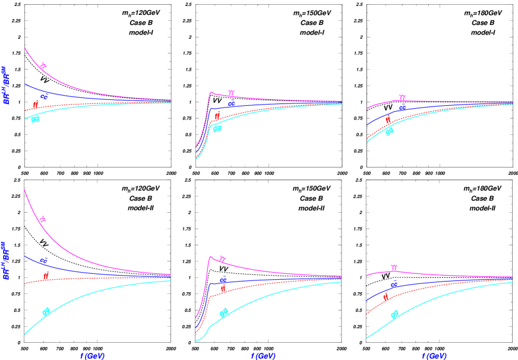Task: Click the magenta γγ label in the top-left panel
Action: (x=43, y=66)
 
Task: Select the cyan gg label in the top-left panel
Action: (x=35, y=119)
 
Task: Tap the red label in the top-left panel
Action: (x=36, y=105)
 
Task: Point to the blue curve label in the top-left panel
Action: (x=45, y=95)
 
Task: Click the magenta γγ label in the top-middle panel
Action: (x=231, y=93)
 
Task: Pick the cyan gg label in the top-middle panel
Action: (x=217, y=128)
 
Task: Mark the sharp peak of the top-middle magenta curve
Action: (x=210, y=92)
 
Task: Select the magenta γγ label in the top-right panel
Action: (x=402, y=97)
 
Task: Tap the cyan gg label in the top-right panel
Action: (x=389, y=132)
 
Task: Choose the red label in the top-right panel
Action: (x=389, y=119)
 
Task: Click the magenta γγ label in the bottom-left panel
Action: (x=43, y=219)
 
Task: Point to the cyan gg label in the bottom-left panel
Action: (x=46, y=311)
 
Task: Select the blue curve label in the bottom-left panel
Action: (x=44, y=261)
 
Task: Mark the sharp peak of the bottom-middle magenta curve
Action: (x=210, y=256)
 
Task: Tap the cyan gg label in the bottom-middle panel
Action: (x=224, y=312)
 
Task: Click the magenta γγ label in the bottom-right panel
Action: (x=393, y=268)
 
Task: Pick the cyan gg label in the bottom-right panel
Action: (x=394, y=314)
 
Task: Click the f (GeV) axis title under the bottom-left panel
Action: (x=93, y=356)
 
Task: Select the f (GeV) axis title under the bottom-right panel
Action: (x=434, y=356)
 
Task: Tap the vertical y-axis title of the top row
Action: (x=5, y=86)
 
